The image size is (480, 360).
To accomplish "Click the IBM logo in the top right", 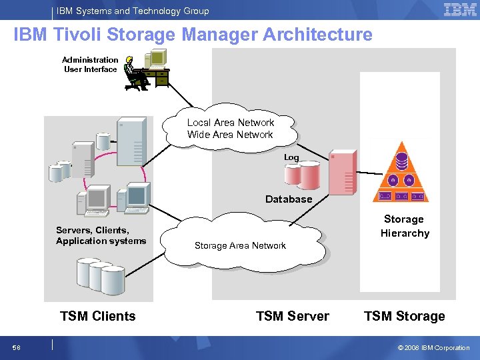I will (x=460, y=10).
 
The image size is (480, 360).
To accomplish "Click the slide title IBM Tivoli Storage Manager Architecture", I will (x=193, y=35).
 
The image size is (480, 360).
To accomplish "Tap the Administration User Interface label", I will (x=90, y=65).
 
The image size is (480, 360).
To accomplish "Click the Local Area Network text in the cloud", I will (x=230, y=123).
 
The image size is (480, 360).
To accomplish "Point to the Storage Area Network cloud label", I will (x=240, y=245).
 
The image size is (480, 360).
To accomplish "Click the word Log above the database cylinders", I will (x=291, y=157).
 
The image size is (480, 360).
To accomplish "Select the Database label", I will (x=289, y=199).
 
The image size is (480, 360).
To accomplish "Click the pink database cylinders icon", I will (x=302, y=175).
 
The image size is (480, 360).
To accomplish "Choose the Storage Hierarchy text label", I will (x=404, y=226).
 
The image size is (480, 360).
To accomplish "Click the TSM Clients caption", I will (x=97, y=316).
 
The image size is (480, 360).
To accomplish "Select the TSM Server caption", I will (x=292, y=316).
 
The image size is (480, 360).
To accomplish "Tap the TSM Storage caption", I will (x=404, y=316).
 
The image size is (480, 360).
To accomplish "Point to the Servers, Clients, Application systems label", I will (x=101, y=235).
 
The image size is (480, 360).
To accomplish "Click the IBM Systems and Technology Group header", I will (x=133, y=11).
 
